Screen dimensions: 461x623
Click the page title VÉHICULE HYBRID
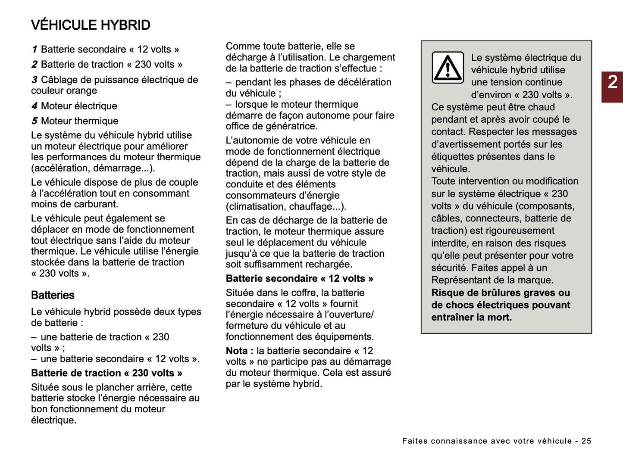click(x=91, y=25)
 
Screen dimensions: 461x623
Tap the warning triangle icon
click(x=448, y=68)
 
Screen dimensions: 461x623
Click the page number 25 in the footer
click(x=586, y=441)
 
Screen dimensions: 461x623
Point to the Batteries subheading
click(x=53, y=295)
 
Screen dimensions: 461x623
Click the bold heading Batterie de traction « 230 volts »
click(x=106, y=373)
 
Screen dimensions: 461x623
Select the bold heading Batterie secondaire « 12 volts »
click(x=299, y=279)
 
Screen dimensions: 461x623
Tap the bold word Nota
click(x=237, y=351)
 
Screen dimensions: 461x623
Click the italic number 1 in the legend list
click(x=34, y=50)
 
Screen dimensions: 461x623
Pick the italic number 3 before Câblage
click(x=34, y=80)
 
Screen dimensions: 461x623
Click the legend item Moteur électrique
click(x=79, y=106)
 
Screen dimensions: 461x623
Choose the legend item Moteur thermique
click(x=79, y=121)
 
